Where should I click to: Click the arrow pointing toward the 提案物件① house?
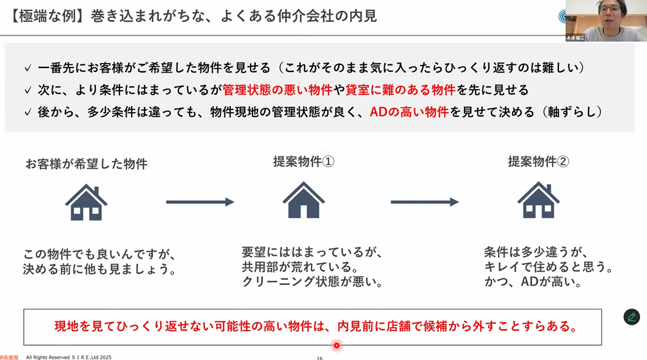[x=200, y=202]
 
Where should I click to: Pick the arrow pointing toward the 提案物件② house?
[x=424, y=202]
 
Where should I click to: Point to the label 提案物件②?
[x=538, y=162]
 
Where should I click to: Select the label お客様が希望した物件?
[x=86, y=164]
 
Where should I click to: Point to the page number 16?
[x=319, y=357]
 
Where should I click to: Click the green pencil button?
[x=632, y=317]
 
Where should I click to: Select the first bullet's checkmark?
[x=27, y=68]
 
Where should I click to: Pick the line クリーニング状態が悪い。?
[x=312, y=282]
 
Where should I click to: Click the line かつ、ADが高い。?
[x=533, y=282]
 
